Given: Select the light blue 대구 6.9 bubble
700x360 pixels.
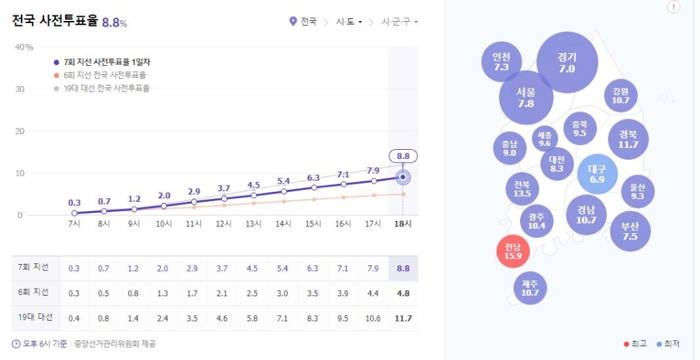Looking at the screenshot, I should pos(597,174).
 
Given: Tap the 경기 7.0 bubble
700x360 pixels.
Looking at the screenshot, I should pos(567,62).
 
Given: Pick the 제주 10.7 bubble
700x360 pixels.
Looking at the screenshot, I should pos(529,287).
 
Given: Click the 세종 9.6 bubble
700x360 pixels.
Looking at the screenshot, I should pos(545,139).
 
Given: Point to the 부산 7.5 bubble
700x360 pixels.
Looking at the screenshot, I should pos(630,231).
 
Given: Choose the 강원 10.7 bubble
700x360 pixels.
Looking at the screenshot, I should pos(620,95).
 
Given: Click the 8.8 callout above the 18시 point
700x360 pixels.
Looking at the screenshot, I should pos(402,156).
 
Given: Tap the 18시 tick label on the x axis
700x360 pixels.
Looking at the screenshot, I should pos(402,223).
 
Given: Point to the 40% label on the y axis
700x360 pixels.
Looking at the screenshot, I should pos(24,47).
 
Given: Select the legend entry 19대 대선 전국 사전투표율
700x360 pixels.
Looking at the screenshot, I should pos(106,88).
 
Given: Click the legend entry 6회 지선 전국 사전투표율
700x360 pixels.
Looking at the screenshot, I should pos(104,75).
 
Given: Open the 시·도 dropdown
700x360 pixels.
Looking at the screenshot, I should pos(349,22).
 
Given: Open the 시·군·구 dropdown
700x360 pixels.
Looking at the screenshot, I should pos(399,22).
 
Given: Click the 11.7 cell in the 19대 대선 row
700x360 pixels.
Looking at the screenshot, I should pos(402,319).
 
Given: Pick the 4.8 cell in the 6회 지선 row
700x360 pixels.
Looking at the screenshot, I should pos(402,293).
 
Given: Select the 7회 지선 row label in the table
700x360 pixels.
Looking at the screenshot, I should pos(34,268).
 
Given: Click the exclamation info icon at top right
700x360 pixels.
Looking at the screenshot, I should pos(673,7).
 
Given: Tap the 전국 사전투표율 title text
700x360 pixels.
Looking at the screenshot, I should pos(55,21).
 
